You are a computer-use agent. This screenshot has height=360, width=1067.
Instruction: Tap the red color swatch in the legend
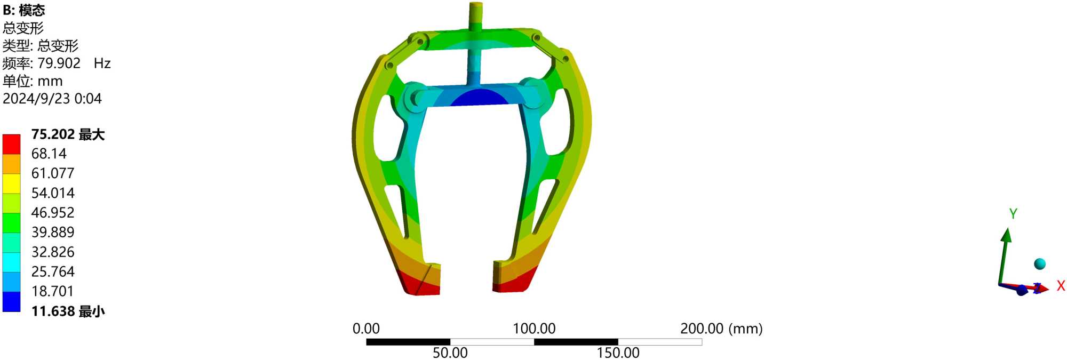pos(11,144)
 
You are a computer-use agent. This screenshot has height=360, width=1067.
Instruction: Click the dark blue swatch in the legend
pos(11,301)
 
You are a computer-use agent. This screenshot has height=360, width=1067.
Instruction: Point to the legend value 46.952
pos(53,213)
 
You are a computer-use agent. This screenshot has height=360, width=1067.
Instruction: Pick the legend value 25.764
pos(53,272)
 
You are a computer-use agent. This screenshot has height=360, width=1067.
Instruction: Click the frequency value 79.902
pos(59,63)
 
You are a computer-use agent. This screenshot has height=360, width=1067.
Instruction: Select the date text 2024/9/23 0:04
pos(52,99)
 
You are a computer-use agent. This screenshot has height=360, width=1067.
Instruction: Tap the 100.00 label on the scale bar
pos(534,329)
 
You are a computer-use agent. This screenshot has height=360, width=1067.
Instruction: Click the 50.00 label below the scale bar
pos(450,353)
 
